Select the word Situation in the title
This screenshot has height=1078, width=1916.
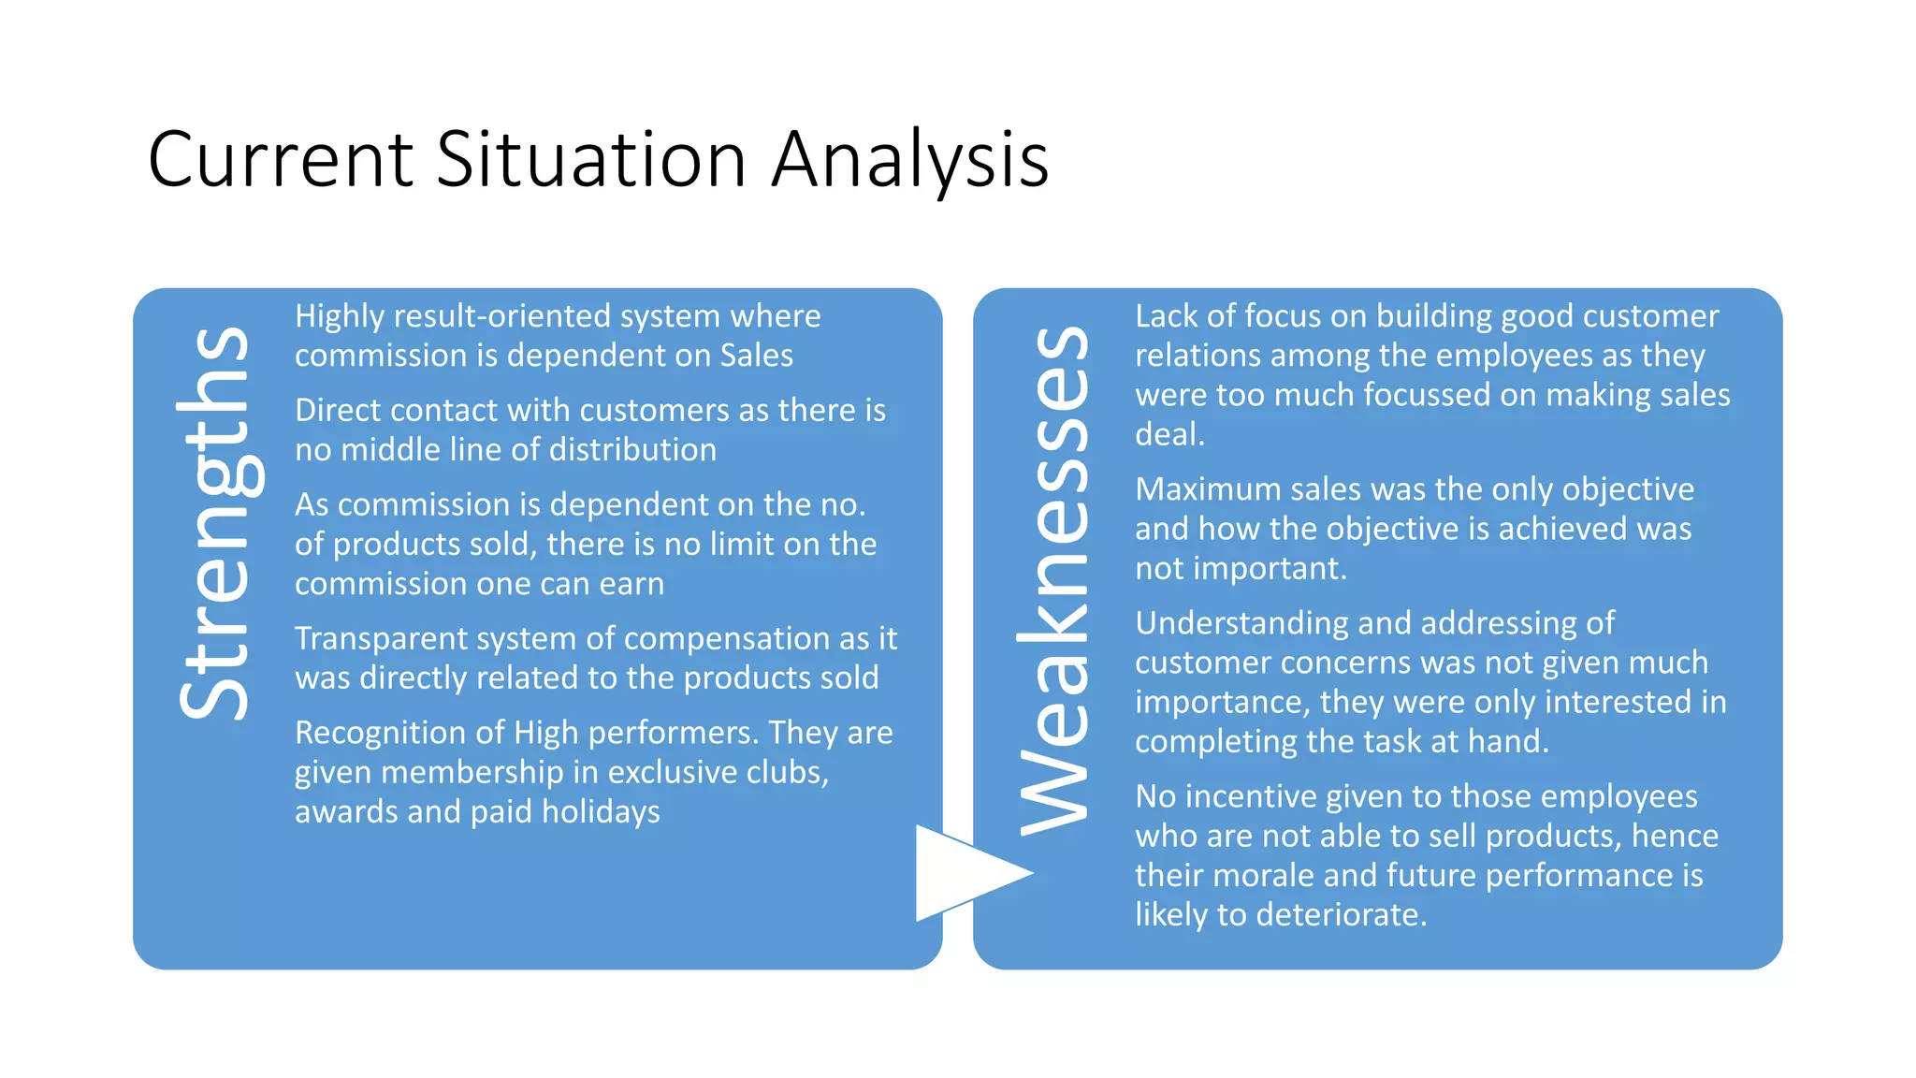[x=591, y=160]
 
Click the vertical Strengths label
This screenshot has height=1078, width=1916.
[x=214, y=523]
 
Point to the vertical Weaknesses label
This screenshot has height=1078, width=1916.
[x=1054, y=580]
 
